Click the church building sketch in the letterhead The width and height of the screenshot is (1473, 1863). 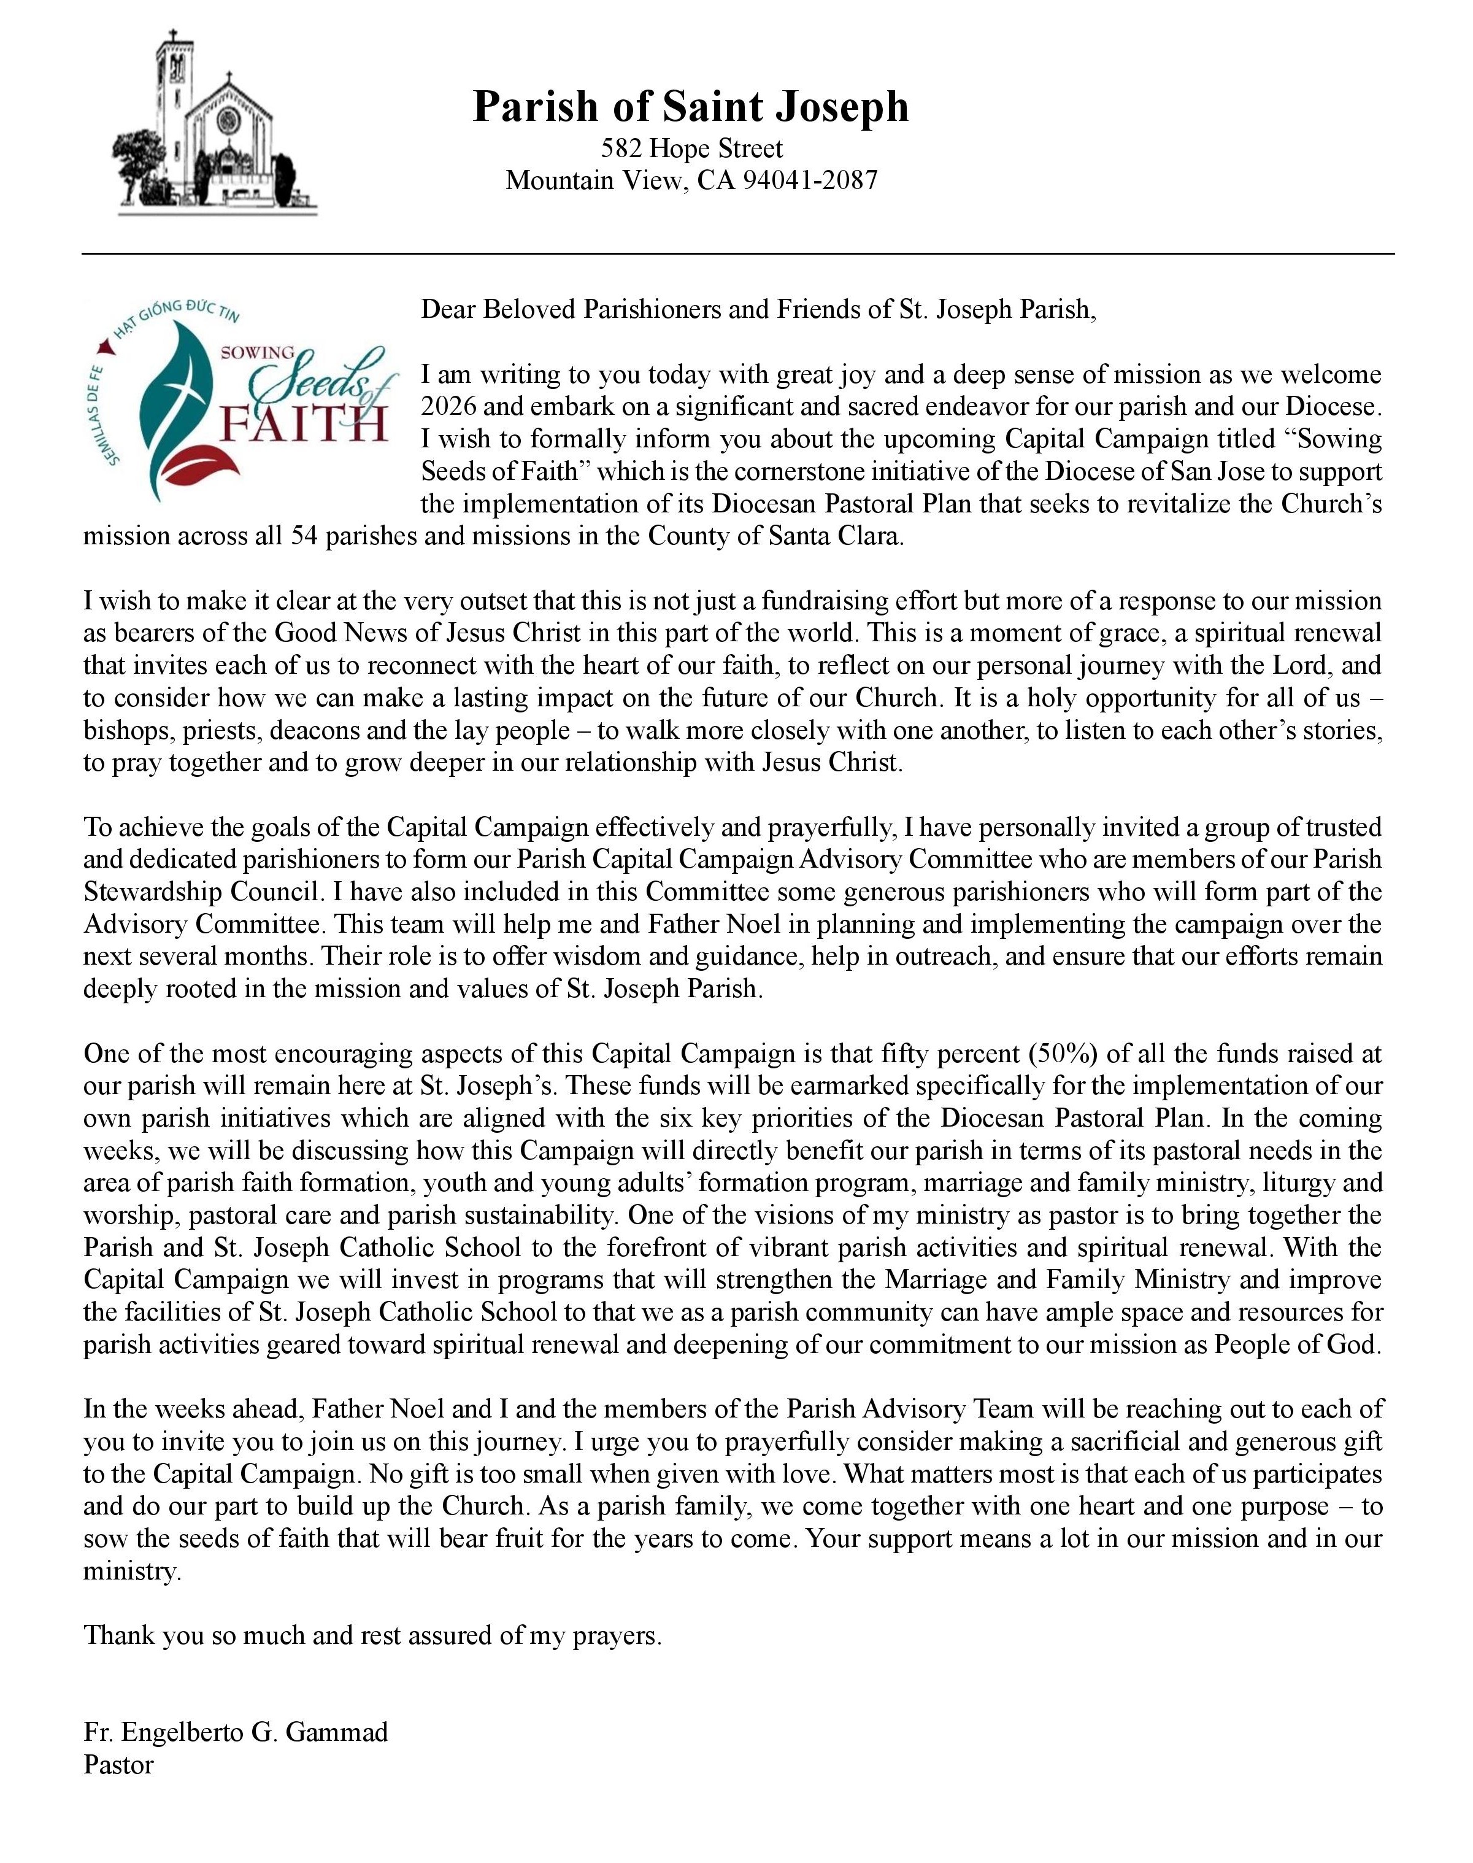pos(215,125)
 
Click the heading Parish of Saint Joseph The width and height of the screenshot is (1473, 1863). pos(691,107)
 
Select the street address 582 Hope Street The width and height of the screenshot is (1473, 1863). pos(691,148)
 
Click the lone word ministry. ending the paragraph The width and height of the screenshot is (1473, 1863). pos(133,1572)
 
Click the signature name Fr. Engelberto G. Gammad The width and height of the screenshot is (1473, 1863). pos(236,1732)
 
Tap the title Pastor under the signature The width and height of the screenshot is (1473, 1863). pos(118,1765)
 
